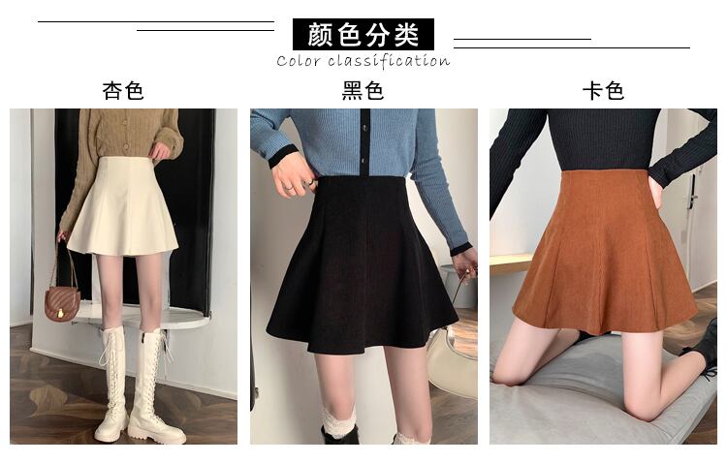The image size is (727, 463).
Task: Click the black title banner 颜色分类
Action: tap(363, 34)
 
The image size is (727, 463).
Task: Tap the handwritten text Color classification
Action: tap(363, 61)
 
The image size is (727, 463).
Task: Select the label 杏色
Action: tap(123, 90)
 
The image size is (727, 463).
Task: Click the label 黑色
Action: tap(363, 90)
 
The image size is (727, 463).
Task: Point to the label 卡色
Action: tap(603, 90)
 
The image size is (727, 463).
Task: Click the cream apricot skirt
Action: tap(123, 206)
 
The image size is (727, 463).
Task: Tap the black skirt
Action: tap(362, 264)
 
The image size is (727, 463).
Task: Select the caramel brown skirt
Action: tap(605, 253)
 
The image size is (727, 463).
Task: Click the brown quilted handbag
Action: tap(62, 303)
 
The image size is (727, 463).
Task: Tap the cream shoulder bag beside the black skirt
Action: tap(452, 361)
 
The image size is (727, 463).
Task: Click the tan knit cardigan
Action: tap(121, 153)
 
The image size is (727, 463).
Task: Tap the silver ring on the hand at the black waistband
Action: tap(289, 188)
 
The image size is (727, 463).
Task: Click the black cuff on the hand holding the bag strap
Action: tap(460, 249)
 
